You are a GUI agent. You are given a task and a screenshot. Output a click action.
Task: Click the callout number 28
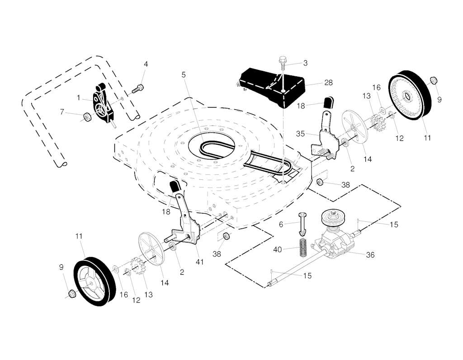point(328,83)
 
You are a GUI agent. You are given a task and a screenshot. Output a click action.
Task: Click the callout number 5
point(184,75)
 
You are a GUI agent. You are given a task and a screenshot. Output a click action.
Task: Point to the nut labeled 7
point(87,117)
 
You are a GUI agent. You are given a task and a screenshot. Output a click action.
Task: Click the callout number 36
point(370,255)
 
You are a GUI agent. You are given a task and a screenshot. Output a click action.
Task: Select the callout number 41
point(200,262)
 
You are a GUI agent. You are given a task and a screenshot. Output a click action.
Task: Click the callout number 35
point(300,134)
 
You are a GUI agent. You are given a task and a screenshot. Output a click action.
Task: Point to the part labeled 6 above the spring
point(304,224)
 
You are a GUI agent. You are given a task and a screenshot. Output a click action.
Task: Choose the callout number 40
point(278,250)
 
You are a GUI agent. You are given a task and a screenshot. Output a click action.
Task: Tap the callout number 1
point(78,98)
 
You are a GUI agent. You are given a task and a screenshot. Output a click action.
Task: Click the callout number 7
point(61,112)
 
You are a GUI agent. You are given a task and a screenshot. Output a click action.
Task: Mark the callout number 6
point(281,224)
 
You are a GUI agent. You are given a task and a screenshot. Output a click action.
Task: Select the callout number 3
point(305,63)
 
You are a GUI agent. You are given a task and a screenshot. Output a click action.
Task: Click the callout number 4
point(146,64)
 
